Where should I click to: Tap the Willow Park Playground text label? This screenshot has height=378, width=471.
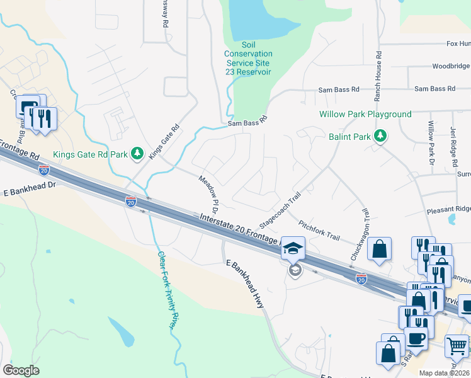[365, 114]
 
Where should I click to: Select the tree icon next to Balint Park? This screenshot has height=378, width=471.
[380, 136]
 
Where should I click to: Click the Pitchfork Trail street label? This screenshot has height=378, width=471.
[319, 231]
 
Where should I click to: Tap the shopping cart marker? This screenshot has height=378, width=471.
[457, 345]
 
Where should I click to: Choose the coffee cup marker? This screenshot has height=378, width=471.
[415, 337]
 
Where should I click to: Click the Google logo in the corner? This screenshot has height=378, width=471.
[21, 370]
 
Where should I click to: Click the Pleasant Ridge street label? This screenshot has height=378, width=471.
[448, 209]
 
